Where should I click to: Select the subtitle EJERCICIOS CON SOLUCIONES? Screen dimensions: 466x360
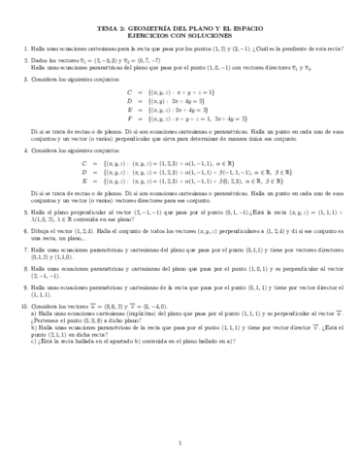click(180, 37)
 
